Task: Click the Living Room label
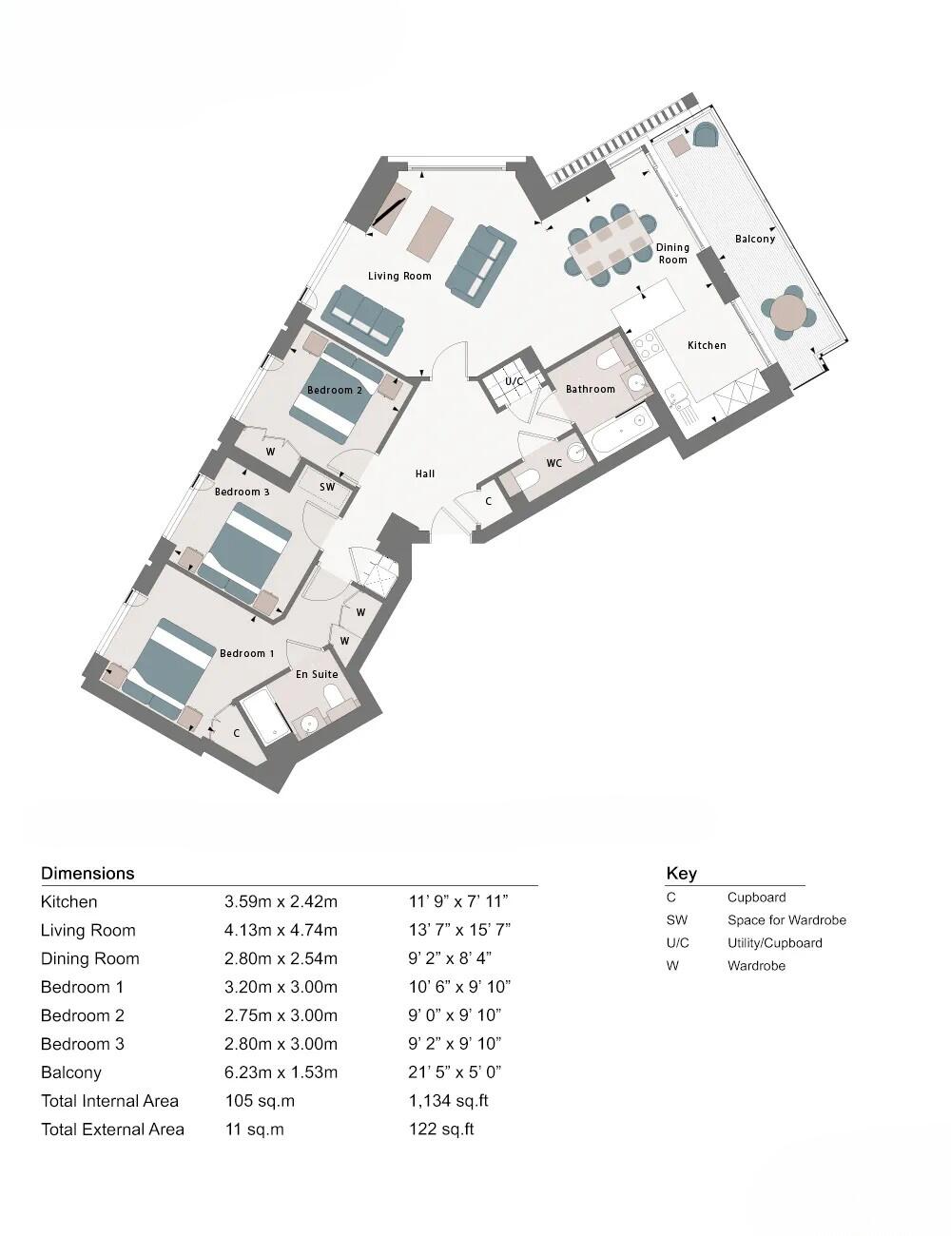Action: click(x=399, y=277)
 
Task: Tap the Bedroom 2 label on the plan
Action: click(x=334, y=390)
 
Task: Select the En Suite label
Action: click(x=317, y=674)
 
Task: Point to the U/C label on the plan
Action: click(x=514, y=381)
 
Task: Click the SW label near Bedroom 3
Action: click(x=327, y=487)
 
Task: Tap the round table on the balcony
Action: click(x=788, y=312)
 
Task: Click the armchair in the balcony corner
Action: click(x=705, y=136)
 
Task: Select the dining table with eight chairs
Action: click(x=610, y=243)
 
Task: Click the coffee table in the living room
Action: click(x=430, y=232)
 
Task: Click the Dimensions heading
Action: click(x=87, y=873)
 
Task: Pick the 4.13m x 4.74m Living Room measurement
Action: click(x=281, y=930)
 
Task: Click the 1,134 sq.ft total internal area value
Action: click(x=448, y=1101)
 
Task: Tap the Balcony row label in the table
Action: click(x=71, y=1072)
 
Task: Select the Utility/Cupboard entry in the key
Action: click(x=774, y=943)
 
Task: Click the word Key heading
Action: click(x=681, y=873)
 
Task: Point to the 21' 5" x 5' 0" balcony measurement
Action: click(x=455, y=1072)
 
